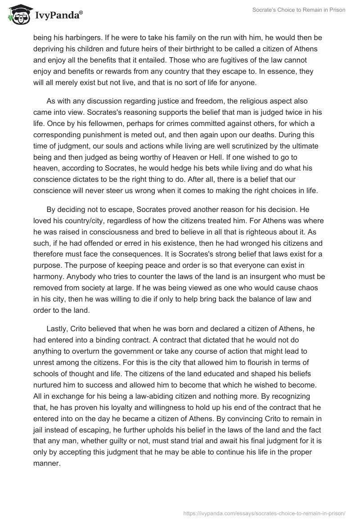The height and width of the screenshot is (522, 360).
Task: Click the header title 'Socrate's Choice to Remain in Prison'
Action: coord(298,10)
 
